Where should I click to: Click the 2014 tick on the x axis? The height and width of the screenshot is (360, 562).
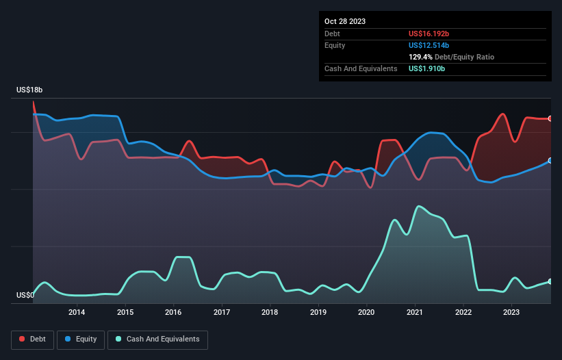77,313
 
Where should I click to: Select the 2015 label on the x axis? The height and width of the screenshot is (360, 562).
125,313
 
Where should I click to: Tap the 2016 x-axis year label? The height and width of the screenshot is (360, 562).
174,313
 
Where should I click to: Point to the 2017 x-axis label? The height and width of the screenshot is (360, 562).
222,313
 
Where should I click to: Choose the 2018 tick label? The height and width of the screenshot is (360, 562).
270,313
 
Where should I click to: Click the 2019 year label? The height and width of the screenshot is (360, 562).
318,313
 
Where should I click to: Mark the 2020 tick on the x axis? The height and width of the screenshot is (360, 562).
367,313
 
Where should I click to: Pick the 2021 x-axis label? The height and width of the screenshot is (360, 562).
415,313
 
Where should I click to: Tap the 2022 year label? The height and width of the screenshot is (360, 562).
463,313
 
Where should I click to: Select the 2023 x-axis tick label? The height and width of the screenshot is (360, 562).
511,313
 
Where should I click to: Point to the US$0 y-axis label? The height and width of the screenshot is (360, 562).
25,296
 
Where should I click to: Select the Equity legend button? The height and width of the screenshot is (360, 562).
81,339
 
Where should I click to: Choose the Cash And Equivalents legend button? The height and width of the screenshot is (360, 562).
157,339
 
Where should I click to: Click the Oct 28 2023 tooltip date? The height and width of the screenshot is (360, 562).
345,21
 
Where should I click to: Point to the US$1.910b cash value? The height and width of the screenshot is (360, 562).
427,69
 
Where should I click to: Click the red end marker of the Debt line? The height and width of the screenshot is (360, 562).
550,118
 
